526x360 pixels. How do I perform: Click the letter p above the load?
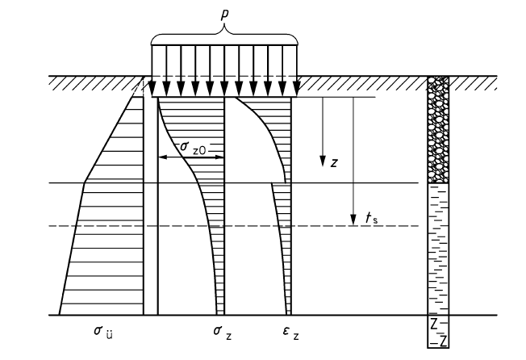click(224, 12)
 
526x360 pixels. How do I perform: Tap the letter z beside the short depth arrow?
click(333, 161)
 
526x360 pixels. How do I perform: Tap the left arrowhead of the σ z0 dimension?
click(160, 157)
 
